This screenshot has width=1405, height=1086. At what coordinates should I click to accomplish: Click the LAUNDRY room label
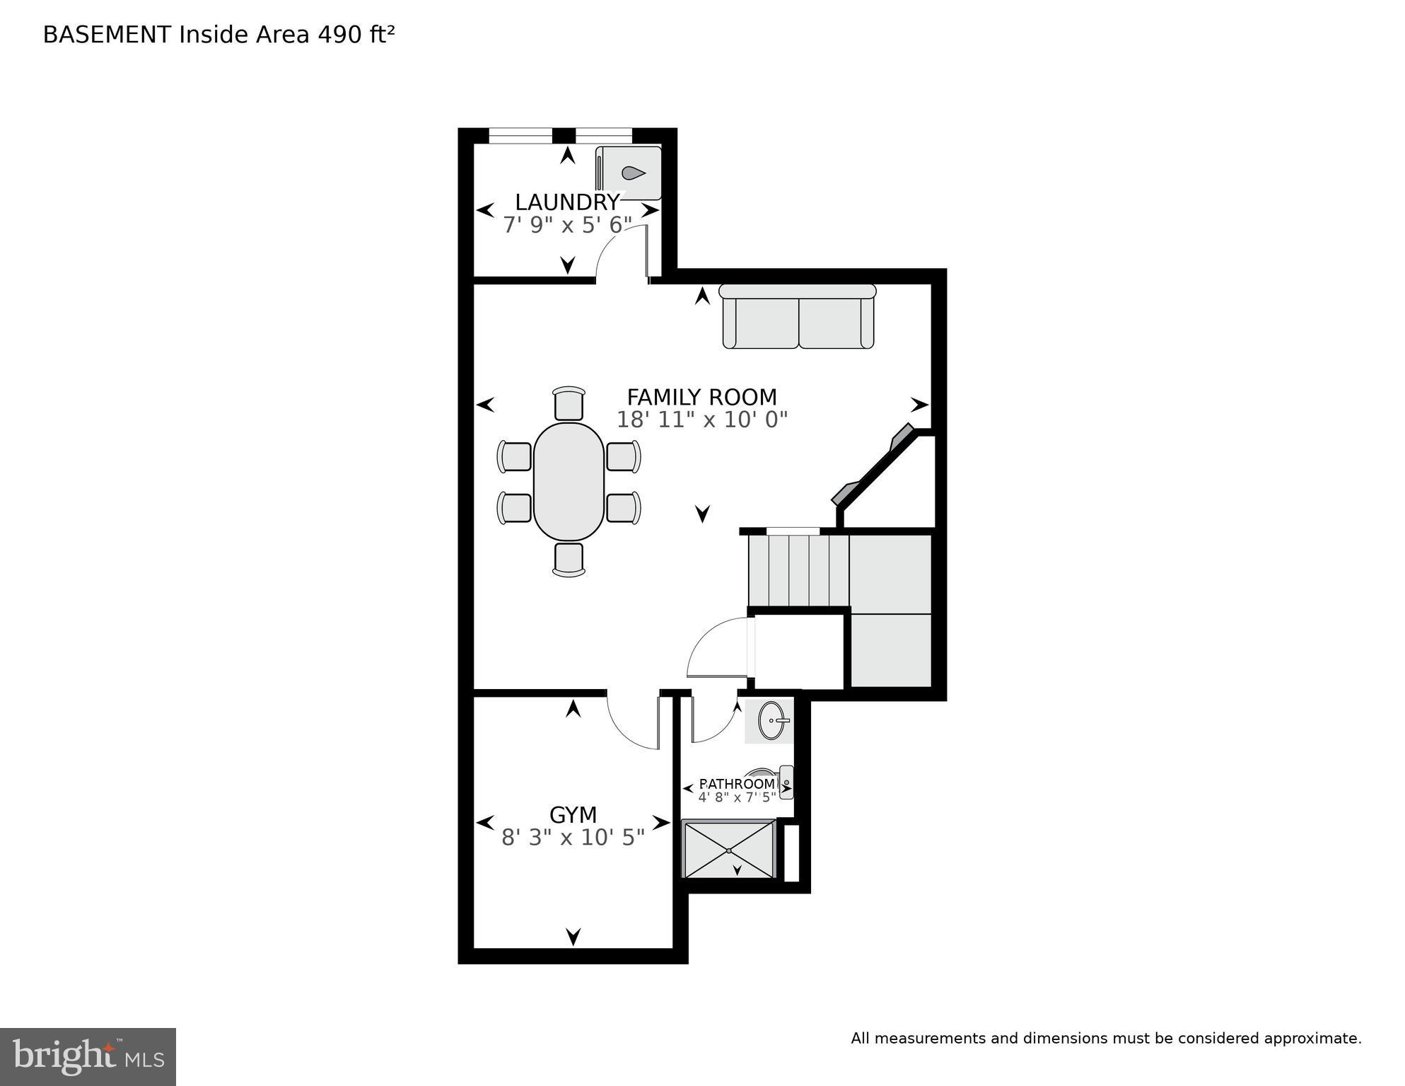567,202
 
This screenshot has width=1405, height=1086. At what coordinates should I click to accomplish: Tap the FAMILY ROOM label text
701,397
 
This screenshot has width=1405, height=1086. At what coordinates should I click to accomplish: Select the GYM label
573,815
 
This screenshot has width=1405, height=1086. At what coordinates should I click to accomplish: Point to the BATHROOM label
737,784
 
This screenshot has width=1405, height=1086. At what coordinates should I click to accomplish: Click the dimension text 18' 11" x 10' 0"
701,420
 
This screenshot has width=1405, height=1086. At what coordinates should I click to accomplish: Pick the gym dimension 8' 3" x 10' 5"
573,838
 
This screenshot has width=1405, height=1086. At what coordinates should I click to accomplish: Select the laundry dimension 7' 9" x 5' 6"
567,226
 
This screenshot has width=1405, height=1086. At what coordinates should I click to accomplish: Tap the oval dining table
569,481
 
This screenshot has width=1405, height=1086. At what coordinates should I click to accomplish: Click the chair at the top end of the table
569,403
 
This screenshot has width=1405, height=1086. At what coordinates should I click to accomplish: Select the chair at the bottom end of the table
569,560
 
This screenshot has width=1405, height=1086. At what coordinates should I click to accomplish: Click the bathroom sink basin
771,721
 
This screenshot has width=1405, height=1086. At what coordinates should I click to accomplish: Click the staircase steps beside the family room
799,570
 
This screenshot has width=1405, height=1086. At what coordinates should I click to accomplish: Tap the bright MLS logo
88,1056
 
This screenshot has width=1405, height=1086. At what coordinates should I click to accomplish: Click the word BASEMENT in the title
107,35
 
